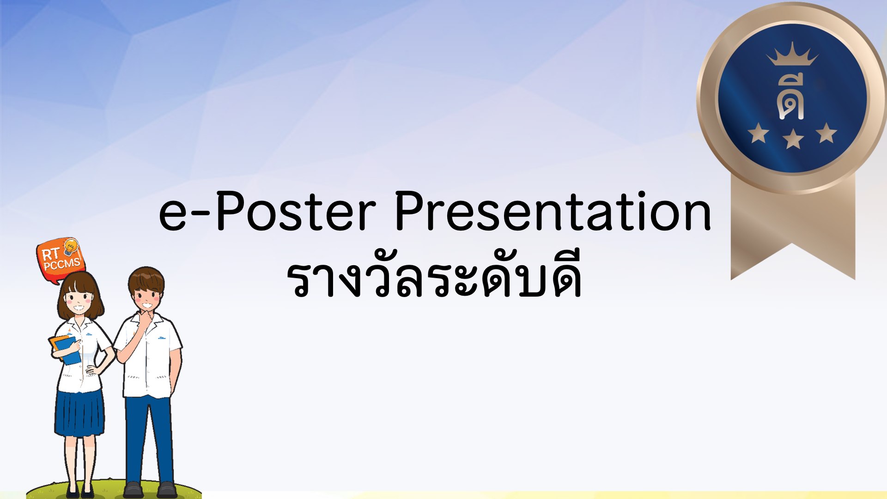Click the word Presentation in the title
point(553,211)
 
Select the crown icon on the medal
point(792,54)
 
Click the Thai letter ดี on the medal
point(791,96)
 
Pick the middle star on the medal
point(793,139)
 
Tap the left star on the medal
point(759,133)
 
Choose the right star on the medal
point(826,133)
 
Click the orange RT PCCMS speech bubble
point(60,260)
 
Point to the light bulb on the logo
point(71,247)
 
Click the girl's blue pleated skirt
point(79,413)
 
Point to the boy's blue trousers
point(149,439)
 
